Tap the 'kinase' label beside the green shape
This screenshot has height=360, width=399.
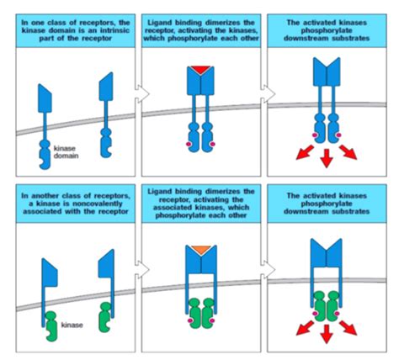(74, 322)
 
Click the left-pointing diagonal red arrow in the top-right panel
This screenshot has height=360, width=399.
(298, 152)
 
